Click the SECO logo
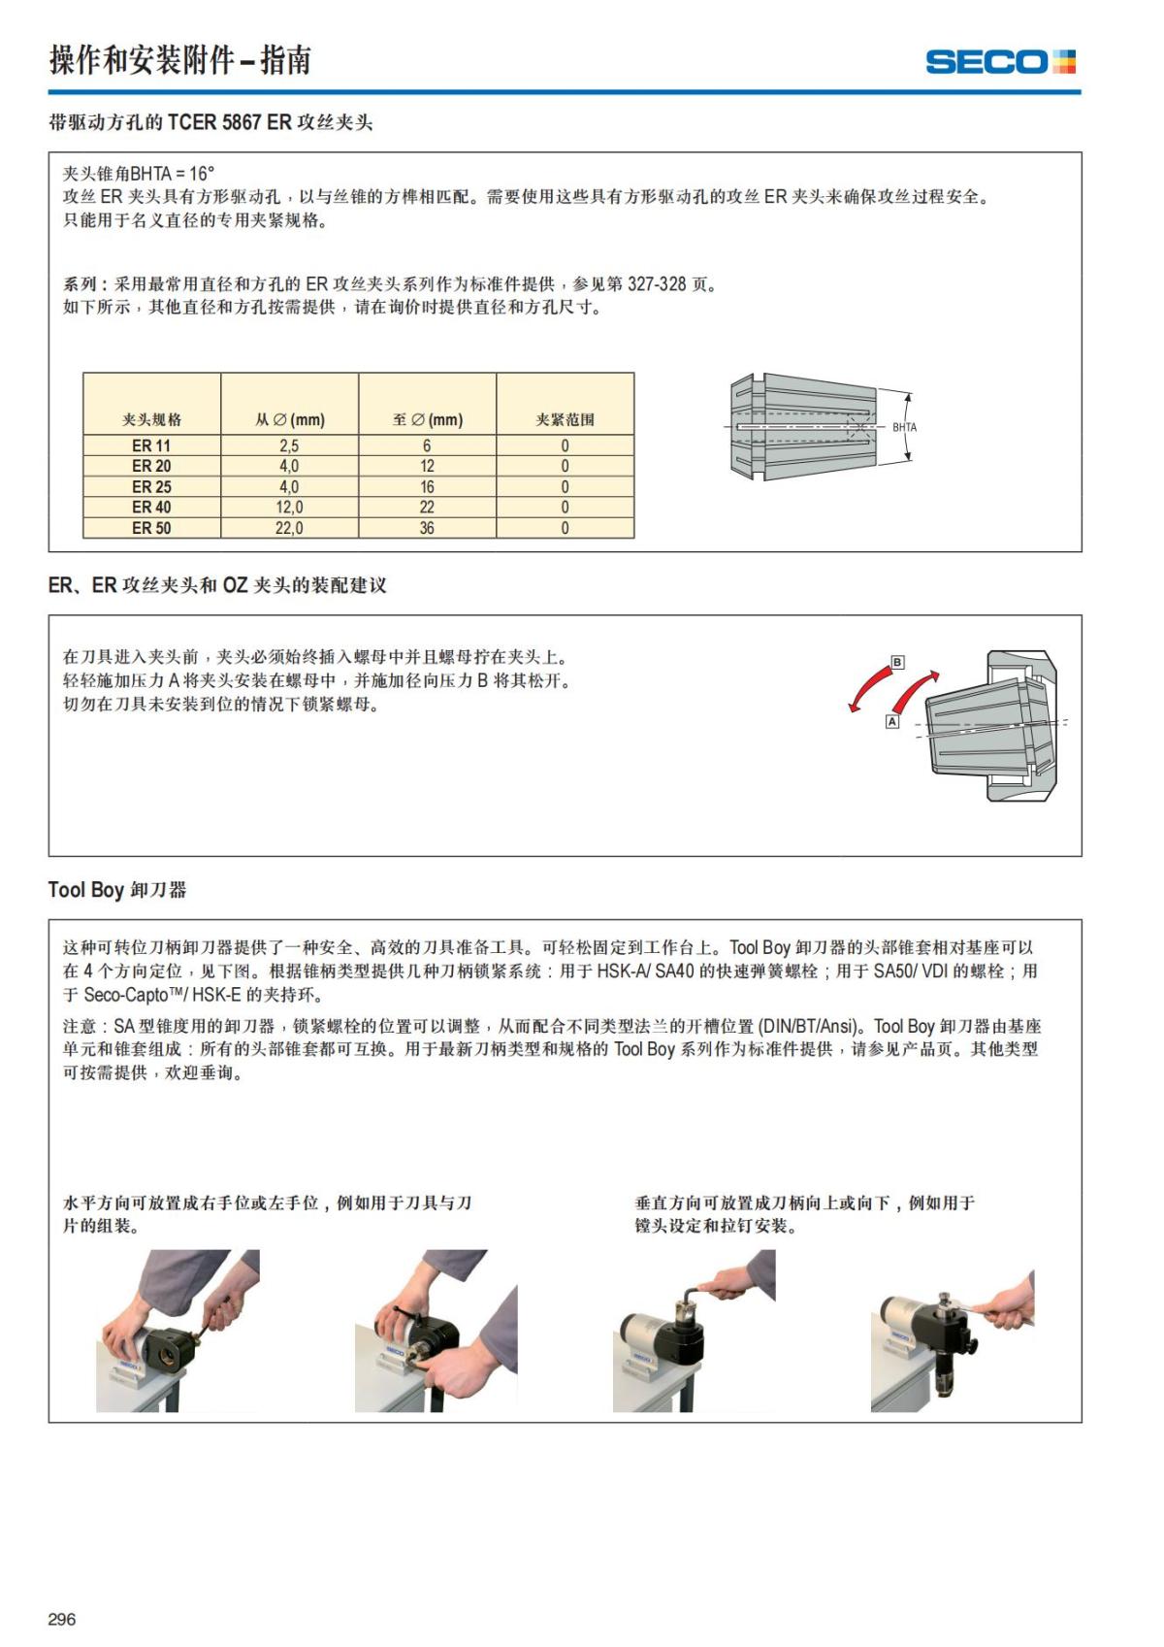click(1000, 62)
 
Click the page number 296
click(61, 1619)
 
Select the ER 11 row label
click(151, 445)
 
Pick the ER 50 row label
click(151, 528)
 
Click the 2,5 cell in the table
click(289, 445)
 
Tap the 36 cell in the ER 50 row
click(427, 528)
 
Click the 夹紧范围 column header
click(565, 419)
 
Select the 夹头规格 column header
click(151, 419)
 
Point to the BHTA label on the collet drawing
click(904, 427)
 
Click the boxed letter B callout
click(897, 662)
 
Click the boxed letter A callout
click(892, 722)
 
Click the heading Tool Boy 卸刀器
click(117, 889)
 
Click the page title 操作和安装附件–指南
click(180, 60)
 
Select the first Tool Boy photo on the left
click(178, 1330)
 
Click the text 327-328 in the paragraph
click(657, 284)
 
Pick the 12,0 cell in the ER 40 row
click(289, 507)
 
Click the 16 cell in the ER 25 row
click(427, 486)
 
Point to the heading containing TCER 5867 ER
click(210, 123)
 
